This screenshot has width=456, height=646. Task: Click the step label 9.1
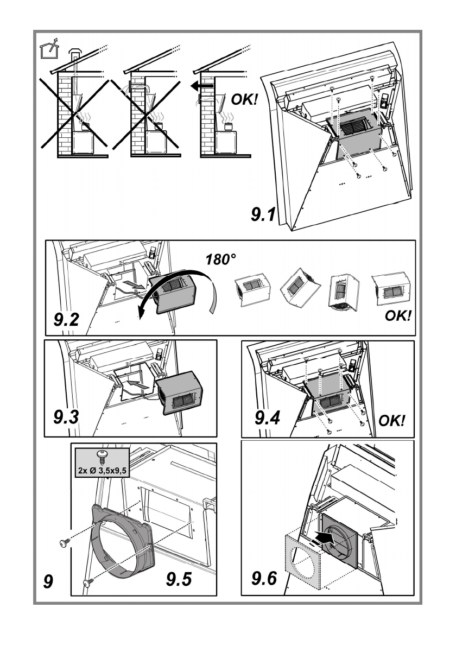tap(263, 214)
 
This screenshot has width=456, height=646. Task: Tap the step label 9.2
tap(66, 319)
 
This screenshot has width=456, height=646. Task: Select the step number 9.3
tap(66, 417)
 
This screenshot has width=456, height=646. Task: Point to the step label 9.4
tap(267, 418)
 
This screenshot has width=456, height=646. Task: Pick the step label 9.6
tap(264, 578)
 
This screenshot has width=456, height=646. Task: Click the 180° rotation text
tap(221, 259)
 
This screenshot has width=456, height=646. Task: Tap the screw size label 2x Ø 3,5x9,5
tap(102, 470)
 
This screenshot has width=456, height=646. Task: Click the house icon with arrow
tap(49, 49)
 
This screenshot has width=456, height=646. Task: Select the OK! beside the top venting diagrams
tap(244, 99)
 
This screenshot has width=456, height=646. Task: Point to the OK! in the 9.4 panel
tap(392, 421)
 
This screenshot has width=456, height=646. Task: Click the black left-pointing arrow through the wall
tap(202, 86)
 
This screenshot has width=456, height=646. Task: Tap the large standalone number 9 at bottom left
tap(48, 581)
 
